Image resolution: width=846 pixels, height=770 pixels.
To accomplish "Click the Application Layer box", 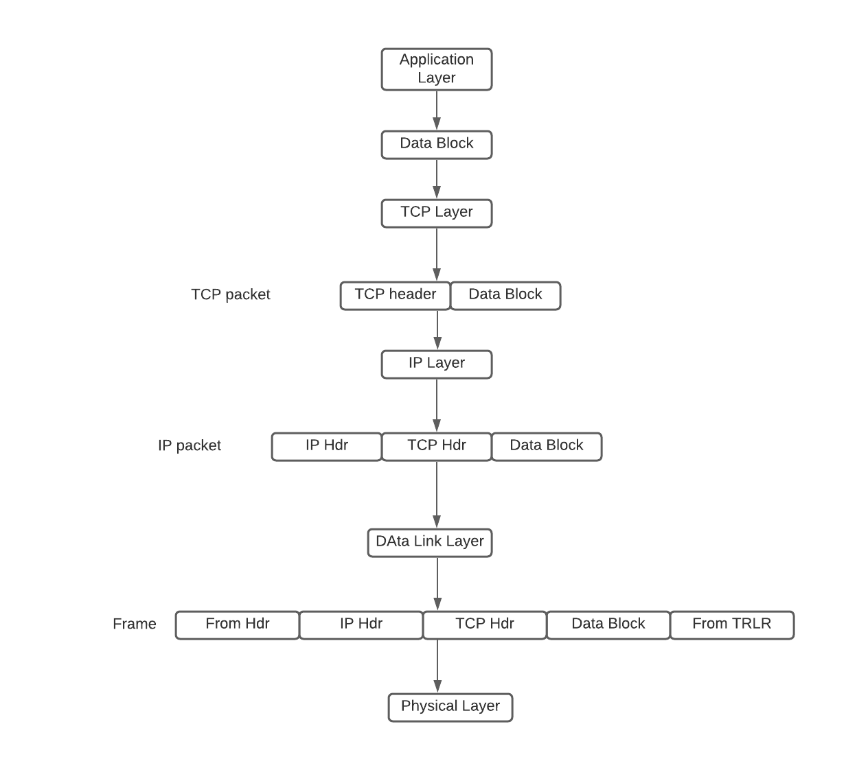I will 437,69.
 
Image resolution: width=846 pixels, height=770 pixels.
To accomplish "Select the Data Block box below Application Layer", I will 437,144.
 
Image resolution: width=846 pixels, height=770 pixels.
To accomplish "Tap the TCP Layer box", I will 437,213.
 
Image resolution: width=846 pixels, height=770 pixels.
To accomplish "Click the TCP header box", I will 396,295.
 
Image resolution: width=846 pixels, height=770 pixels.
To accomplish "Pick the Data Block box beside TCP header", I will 505,295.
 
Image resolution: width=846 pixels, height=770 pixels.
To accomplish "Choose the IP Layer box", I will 437,364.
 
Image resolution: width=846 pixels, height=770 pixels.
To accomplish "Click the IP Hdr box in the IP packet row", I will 327,446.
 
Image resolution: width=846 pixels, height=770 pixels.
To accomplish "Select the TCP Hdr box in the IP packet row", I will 437,446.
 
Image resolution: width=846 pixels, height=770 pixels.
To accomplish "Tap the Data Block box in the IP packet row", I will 547,446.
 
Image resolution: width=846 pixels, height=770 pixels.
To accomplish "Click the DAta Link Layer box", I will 430,542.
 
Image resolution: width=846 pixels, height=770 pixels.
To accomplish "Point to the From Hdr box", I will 238,625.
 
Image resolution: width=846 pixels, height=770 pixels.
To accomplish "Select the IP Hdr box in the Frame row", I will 361,625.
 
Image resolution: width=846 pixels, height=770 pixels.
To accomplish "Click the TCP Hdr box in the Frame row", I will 485,625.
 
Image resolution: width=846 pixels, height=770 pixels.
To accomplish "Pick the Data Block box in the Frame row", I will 608,625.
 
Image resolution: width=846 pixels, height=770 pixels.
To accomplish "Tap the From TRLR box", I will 732,625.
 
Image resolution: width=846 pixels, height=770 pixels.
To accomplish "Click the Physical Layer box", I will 450,707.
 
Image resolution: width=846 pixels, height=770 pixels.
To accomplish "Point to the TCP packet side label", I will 231,295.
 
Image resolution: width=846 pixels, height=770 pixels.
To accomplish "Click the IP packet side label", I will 190,446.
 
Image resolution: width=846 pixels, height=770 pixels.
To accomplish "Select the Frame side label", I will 135,625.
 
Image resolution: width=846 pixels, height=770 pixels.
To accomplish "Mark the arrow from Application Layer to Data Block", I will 437,110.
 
